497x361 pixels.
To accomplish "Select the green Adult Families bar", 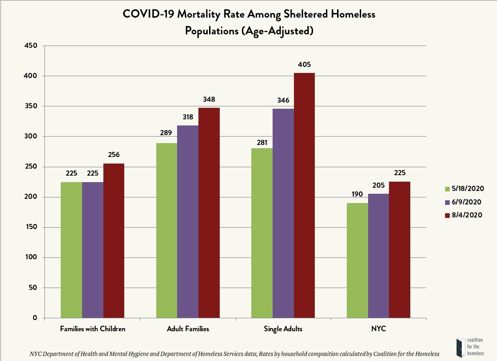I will tap(166, 230).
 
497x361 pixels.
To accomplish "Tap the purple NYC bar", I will tap(378, 256).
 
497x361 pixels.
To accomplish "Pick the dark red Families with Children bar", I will tap(114, 241).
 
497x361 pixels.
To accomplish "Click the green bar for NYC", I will tap(357, 260).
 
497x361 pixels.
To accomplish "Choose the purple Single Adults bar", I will tap(283, 213).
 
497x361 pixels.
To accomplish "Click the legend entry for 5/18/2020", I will tap(464, 189).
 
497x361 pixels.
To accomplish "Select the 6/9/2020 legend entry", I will tap(464, 202).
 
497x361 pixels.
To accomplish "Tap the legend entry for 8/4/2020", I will tap(464, 215).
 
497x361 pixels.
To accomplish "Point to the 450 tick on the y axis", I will tap(31, 46).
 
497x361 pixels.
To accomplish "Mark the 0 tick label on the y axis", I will tap(35, 318).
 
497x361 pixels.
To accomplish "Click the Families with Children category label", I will tap(93, 329).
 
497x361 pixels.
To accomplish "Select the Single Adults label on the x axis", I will tap(283, 329).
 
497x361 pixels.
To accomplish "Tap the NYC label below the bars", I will tap(378, 329).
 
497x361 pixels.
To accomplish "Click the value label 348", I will tap(209, 99).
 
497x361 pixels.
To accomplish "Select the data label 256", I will tap(114, 155).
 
